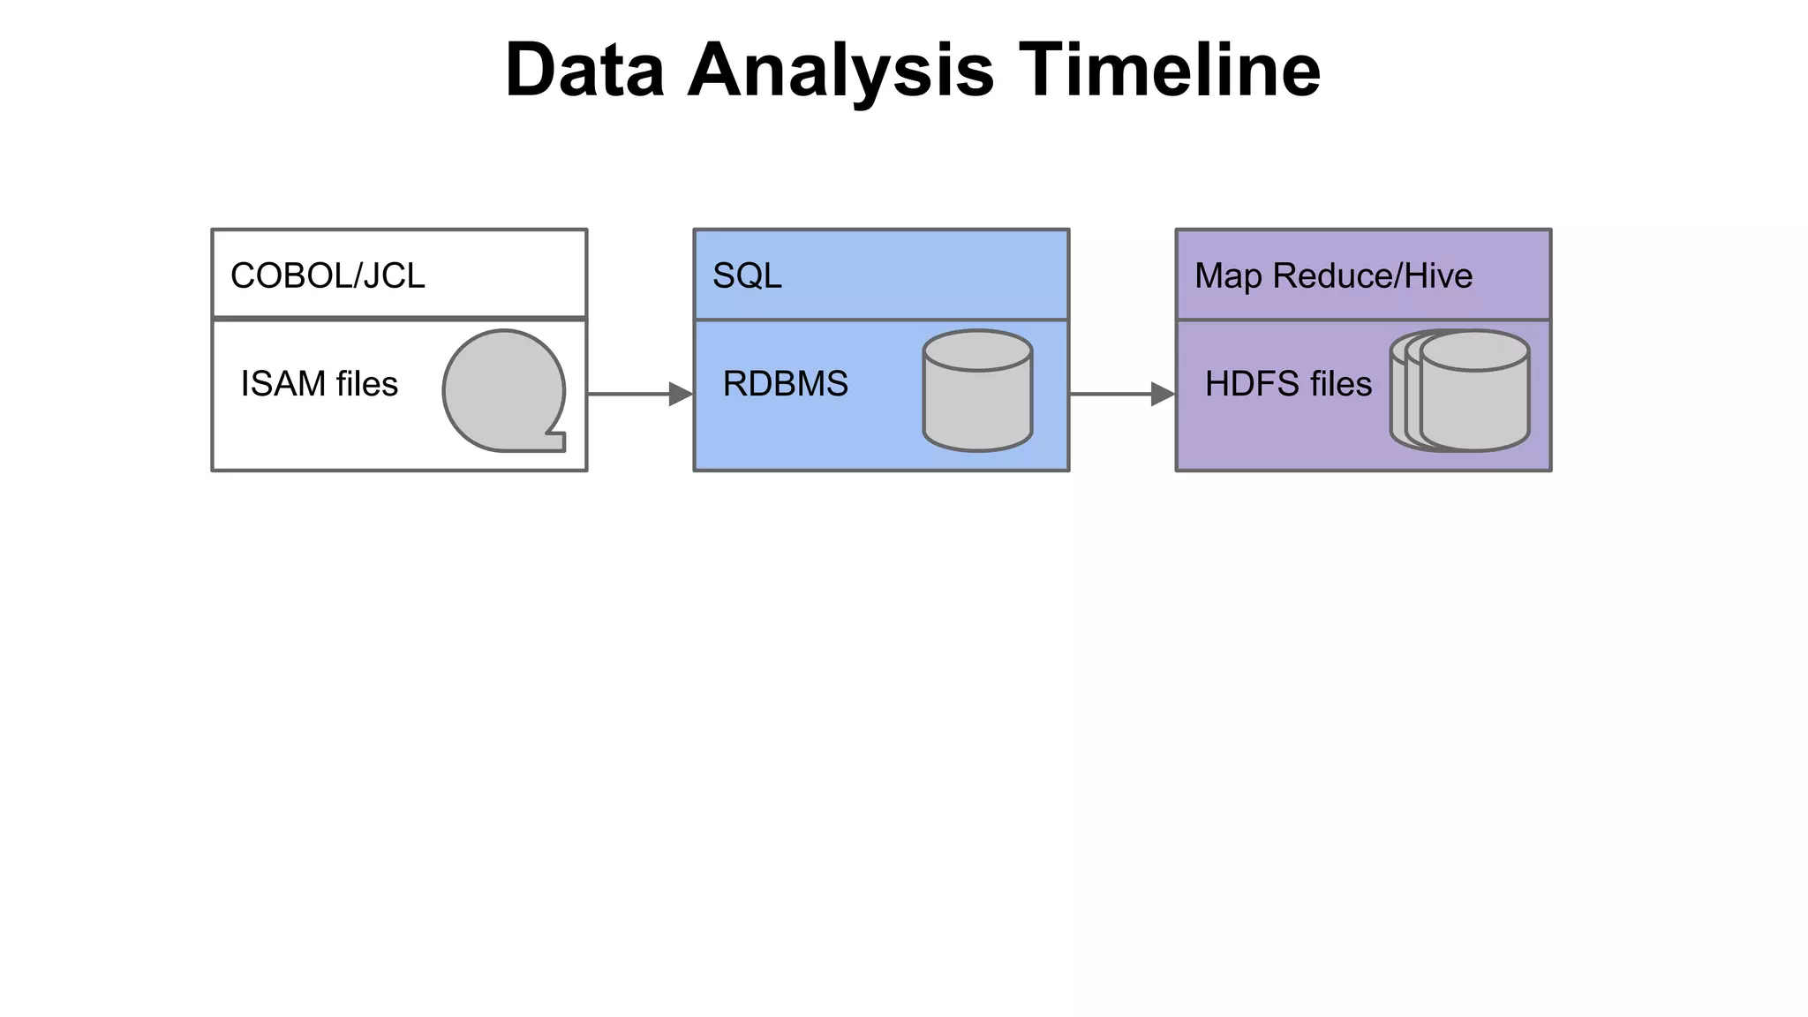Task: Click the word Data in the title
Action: click(584, 71)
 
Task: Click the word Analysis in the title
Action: click(840, 71)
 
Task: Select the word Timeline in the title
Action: click(1169, 71)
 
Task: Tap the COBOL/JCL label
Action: click(328, 276)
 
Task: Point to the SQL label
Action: click(747, 276)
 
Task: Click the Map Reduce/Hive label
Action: click(1333, 276)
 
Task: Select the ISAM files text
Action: click(319, 384)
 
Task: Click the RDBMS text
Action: click(785, 384)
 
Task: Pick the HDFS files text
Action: click(1288, 384)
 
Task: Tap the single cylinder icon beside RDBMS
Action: click(977, 391)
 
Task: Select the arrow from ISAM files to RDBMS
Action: click(631, 394)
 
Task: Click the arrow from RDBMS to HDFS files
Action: click(1112, 394)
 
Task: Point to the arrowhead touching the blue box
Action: click(681, 394)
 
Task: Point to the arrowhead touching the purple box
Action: click(1163, 394)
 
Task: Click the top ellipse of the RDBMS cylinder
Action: click(977, 350)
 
